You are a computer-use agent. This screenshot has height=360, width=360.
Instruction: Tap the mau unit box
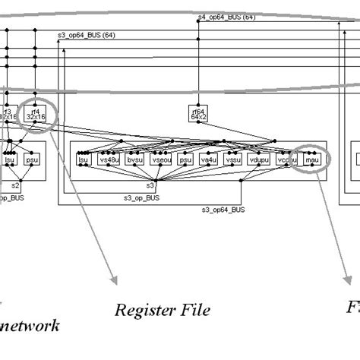pos(311,161)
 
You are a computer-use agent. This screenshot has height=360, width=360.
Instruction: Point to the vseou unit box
pos(160,161)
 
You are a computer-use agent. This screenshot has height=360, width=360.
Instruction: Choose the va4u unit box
pos(208,161)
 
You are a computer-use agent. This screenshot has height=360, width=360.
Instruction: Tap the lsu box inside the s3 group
pos(83,161)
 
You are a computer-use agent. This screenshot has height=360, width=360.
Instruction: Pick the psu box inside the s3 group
pos(185,161)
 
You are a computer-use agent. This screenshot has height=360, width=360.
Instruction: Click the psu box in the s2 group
pos(33,161)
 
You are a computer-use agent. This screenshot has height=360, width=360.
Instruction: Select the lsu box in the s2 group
pos(11,161)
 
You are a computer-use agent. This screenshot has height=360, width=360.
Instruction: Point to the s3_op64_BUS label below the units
pos(223,209)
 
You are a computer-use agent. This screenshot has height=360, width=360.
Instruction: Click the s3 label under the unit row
pos(150,185)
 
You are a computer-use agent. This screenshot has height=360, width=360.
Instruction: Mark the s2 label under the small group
pos(14,185)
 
